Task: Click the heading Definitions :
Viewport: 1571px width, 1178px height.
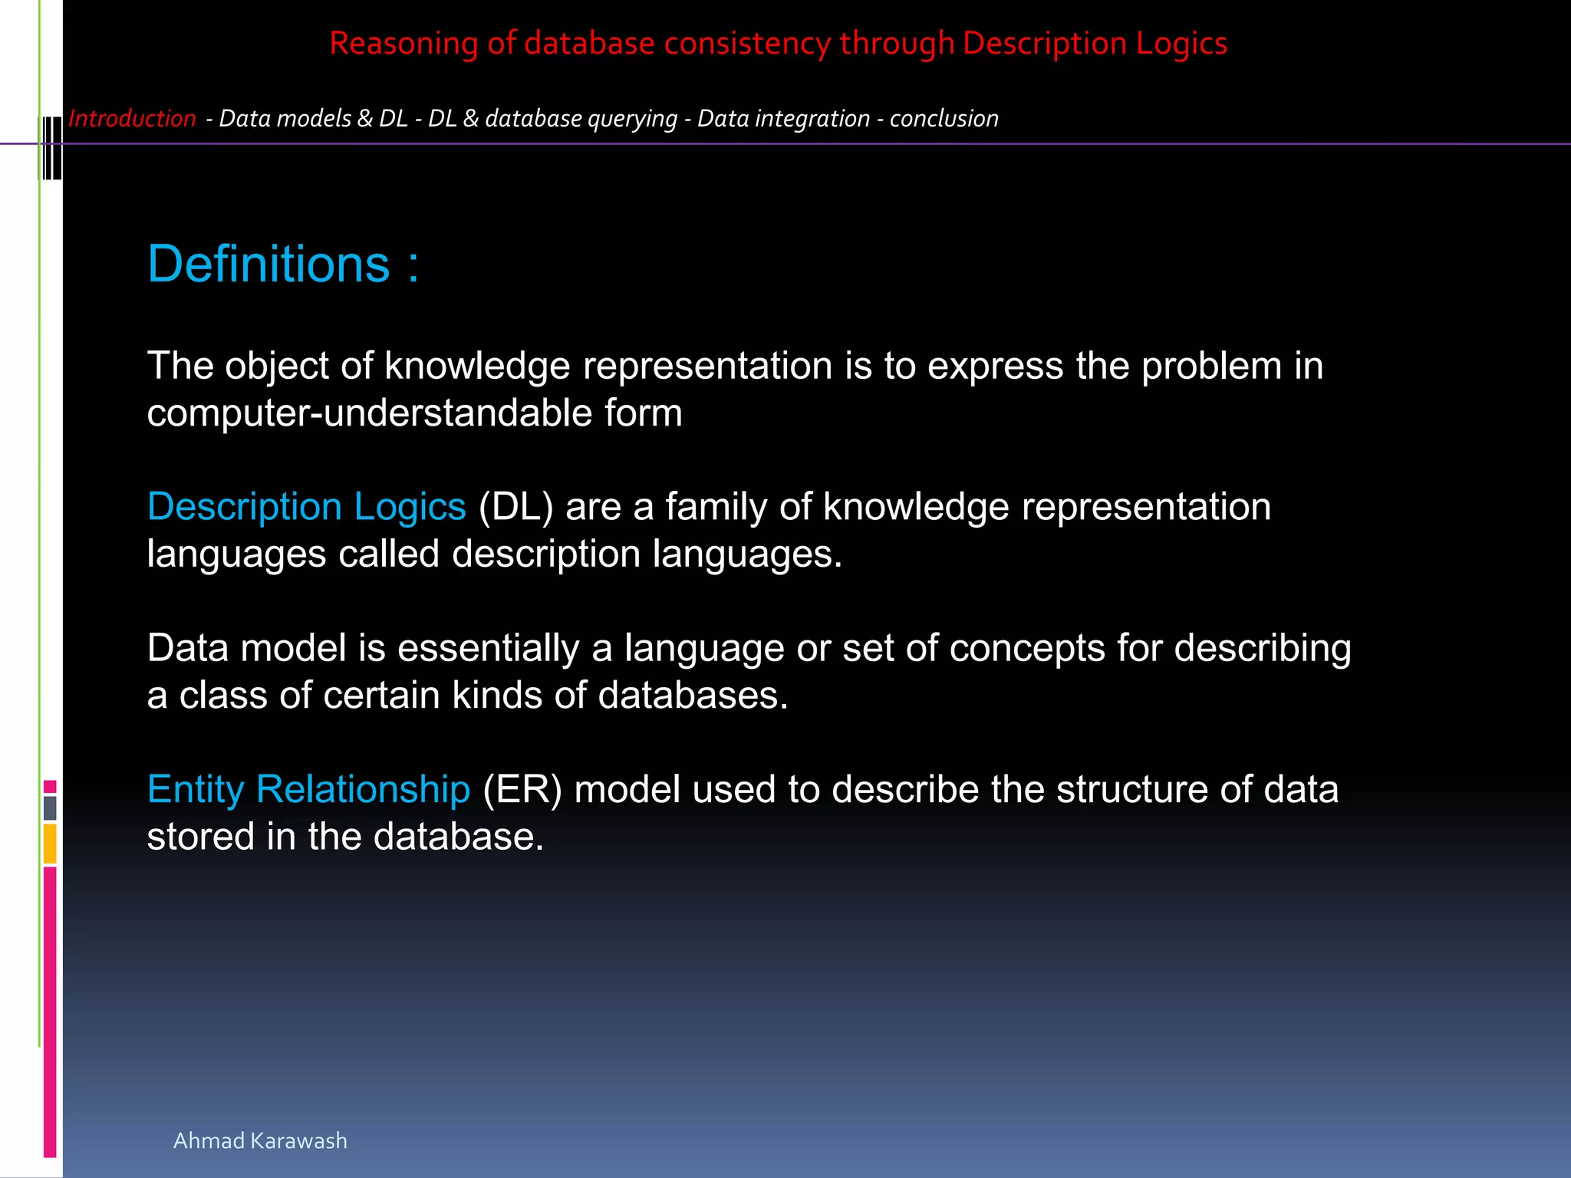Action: click(283, 265)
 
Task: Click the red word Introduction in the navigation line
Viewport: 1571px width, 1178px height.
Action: click(132, 119)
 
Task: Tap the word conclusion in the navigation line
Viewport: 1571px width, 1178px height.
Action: click(944, 119)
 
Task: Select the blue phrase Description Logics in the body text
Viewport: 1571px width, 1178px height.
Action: click(306, 507)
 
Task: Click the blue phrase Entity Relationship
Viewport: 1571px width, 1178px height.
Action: click(308, 789)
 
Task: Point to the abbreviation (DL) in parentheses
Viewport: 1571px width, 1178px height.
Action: click(515, 507)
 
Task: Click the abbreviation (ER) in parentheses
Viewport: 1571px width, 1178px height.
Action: click(522, 789)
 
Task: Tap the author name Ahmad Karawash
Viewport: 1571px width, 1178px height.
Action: click(260, 1140)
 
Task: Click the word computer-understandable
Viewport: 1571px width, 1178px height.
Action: click(369, 413)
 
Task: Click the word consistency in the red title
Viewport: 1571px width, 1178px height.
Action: click(746, 44)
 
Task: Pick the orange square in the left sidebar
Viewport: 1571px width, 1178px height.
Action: click(50, 844)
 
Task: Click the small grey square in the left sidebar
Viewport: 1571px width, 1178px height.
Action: click(50, 808)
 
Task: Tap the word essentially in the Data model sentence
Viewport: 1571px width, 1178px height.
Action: click(488, 648)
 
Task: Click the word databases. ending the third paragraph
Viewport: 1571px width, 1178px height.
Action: click(693, 696)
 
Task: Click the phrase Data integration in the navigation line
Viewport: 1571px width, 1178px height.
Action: click(783, 119)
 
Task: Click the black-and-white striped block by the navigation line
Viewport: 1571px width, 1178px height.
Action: click(51, 147)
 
